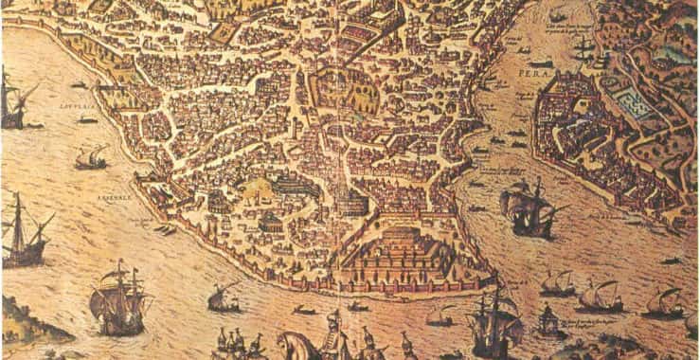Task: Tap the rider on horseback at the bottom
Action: [x=332, y=332]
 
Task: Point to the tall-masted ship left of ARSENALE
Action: [x=26, y=232]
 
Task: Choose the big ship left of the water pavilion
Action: [x=493, y=322]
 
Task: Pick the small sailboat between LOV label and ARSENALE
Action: [x=92, y=158]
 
